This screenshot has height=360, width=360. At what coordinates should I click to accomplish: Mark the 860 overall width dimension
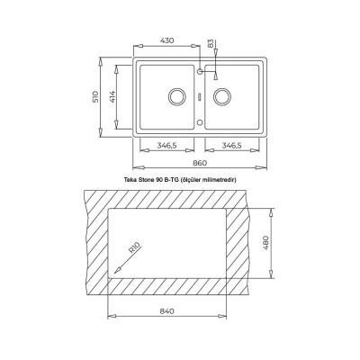(200, 162)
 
